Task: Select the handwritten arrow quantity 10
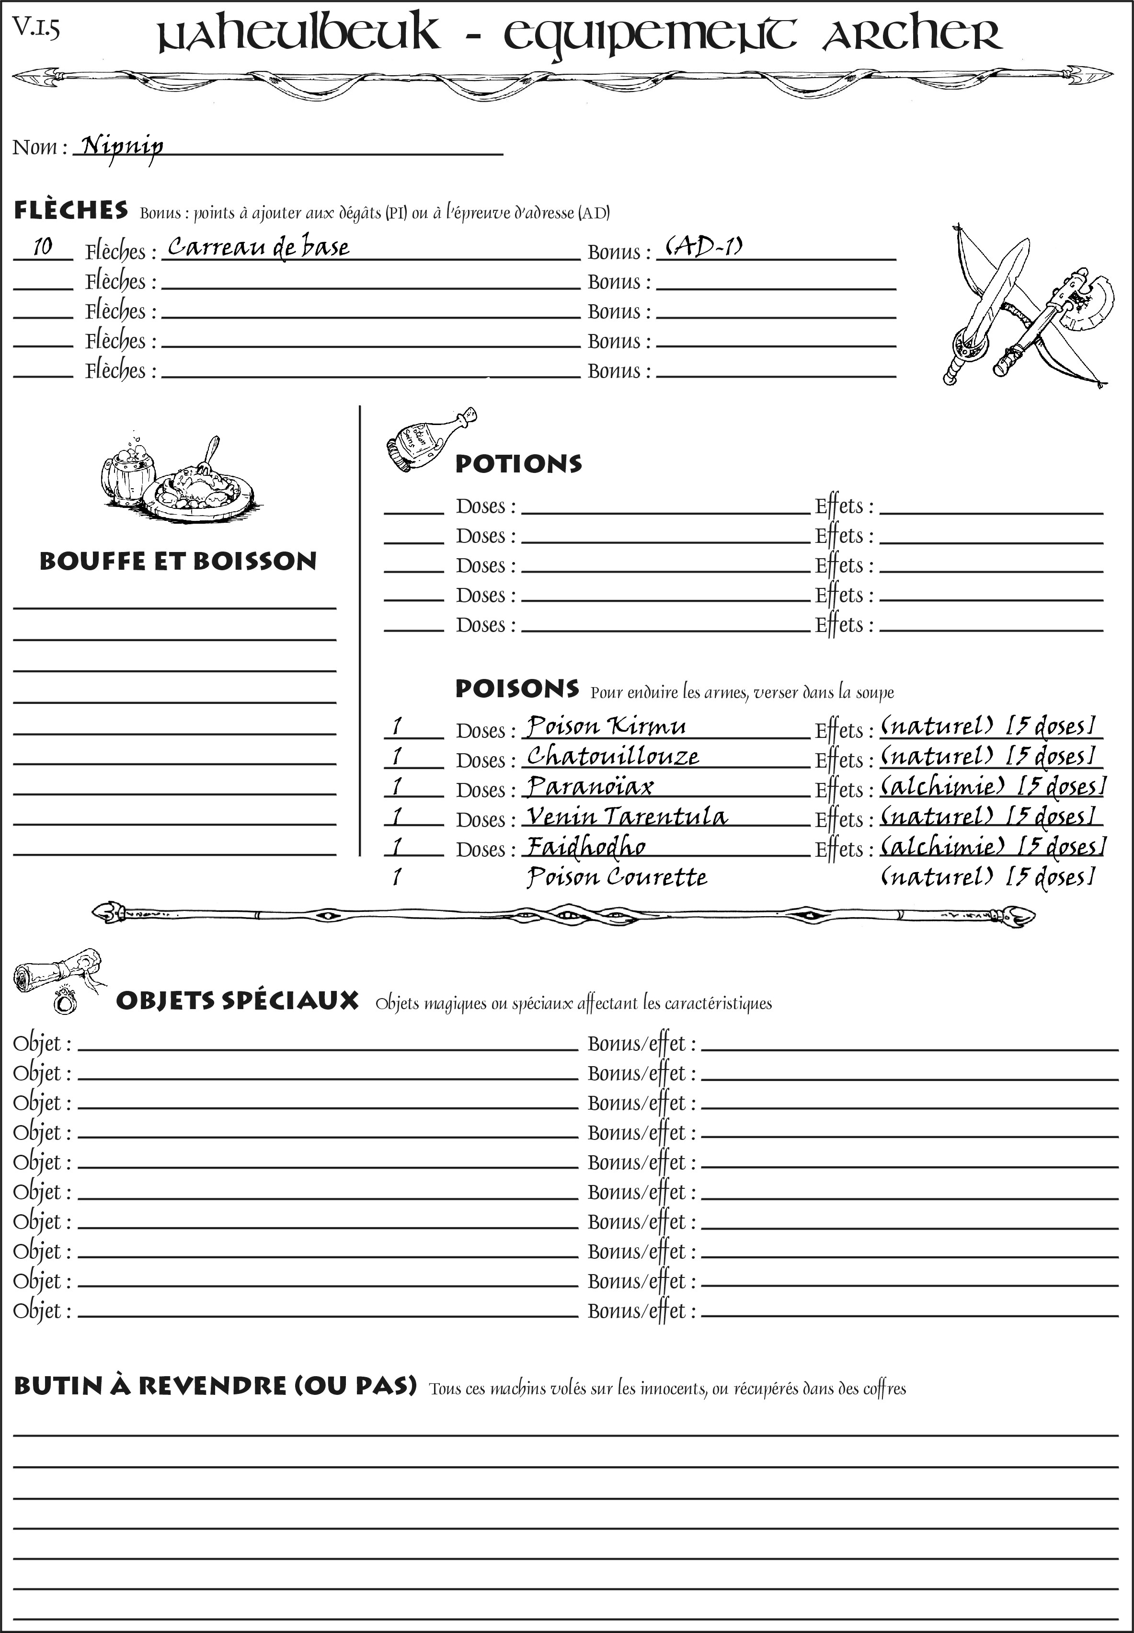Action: point(43,247)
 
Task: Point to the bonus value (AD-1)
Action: point(703,247)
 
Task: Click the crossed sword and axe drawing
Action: point(1023,307)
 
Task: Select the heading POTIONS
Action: point(518,464)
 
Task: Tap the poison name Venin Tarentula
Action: point(627,816)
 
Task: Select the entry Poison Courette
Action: point(617,877)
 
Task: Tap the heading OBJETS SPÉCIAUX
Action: point(237,1000)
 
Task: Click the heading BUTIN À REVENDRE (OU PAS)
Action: point(215,1386)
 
